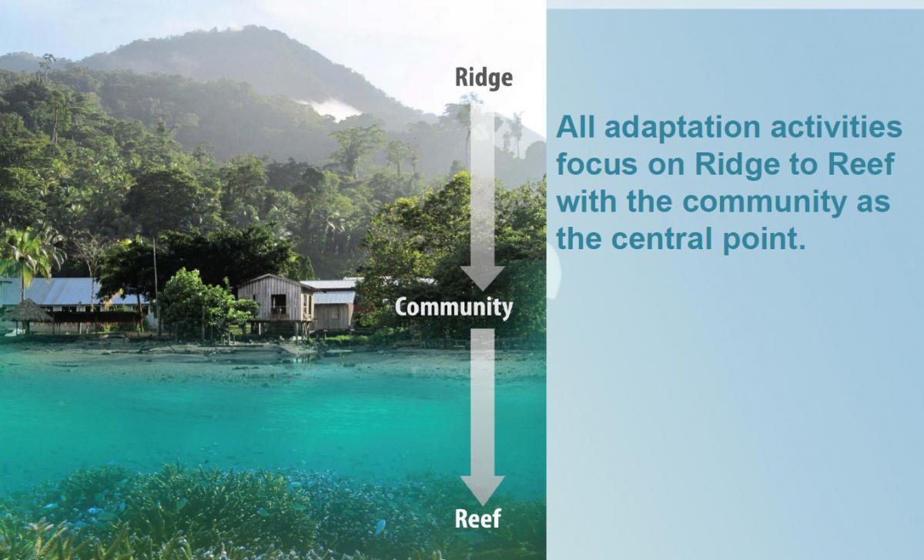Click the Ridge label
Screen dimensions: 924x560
(x=484, y=78)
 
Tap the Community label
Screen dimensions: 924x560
(x=454, y=308)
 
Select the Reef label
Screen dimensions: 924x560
(x=477, y=518)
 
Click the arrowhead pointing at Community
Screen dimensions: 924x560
(x=482, y=278)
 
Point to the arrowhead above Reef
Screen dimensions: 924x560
(x=482, y=490)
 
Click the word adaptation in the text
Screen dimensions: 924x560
(x=682, y=128)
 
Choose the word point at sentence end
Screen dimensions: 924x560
(x=764, y=239)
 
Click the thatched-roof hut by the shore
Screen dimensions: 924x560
(x=28, y=312)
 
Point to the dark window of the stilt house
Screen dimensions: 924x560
(x=279, y=304)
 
